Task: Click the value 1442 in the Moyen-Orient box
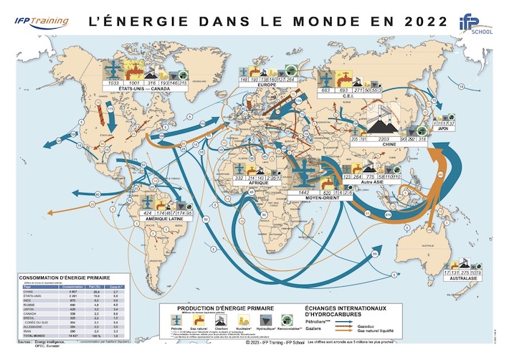point(305,194)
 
